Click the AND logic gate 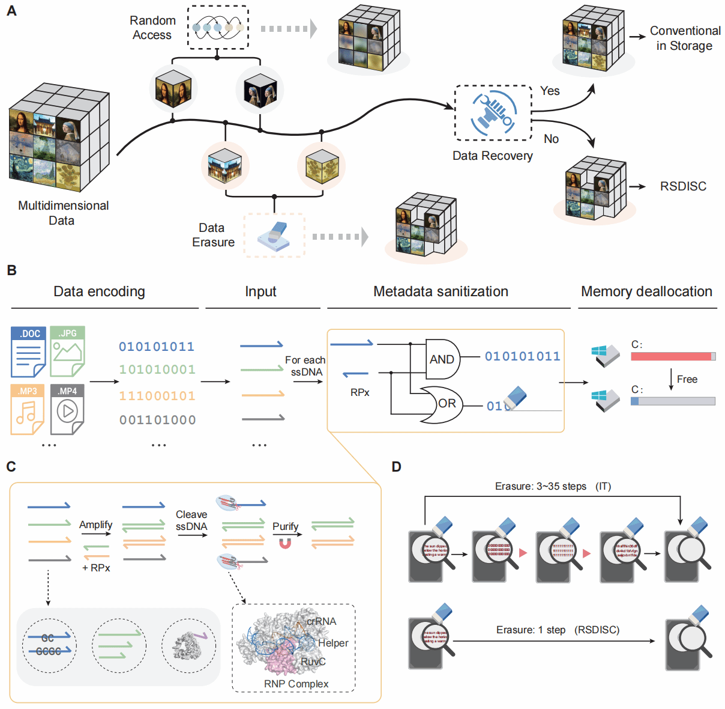coord(442,359)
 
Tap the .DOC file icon coord(28,352)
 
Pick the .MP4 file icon coord(67,409)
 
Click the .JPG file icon coord(67,352)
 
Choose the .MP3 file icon coord(28,409)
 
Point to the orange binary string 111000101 coord(157,396)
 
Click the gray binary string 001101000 coord(157,420)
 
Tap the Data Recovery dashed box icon coord(493,113)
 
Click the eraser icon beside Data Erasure coord(274,236)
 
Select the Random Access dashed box coord(218,28)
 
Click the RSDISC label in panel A coord(683,186)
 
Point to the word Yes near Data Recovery coord(550,91)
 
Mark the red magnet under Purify coord(285,544)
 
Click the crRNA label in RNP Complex coord(322,621)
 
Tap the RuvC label coord(313,662)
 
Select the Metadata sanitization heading coord(441,291)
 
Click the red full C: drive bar coord(672,356)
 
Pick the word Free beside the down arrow coord(687,379)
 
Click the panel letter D coord(396,467)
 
